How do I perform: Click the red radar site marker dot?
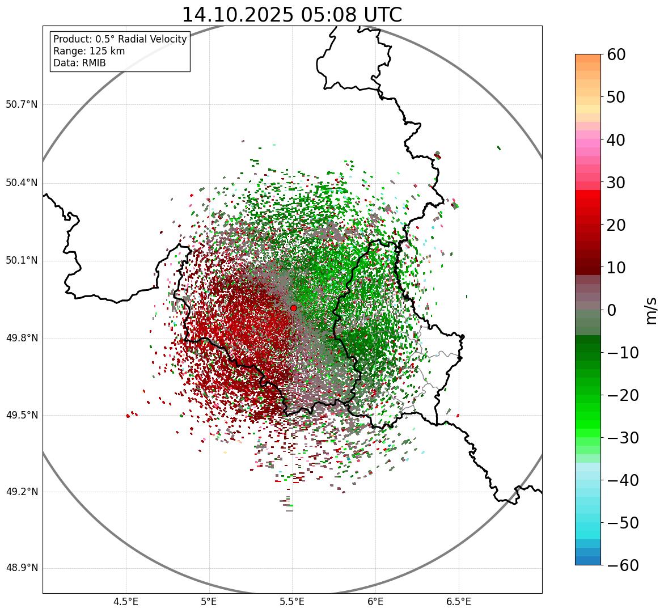pos(293,308)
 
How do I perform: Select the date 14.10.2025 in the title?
pos(239,15)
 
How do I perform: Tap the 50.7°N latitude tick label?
pos(22,104)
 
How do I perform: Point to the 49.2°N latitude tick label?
pos(22,492)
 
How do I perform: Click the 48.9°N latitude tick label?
pos(22,568)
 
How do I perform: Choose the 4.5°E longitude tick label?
pos(126,602)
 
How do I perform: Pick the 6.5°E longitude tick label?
pos(458,602)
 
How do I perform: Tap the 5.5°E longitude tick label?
pos(292,602)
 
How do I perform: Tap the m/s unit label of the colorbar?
pos(651,310)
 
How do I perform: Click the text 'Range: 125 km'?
pos(89,51)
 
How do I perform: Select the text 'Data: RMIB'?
pos(79,63)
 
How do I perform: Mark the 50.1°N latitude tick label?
pos(22,261)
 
